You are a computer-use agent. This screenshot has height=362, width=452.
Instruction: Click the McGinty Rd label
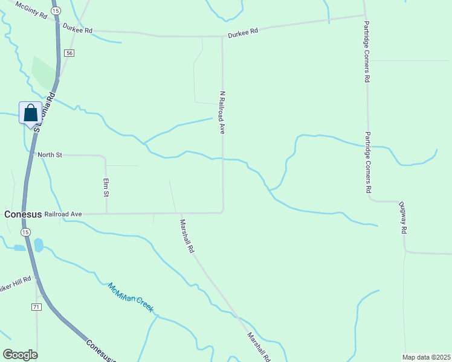point(31,11)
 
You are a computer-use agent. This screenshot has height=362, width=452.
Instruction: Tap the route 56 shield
point(70,54)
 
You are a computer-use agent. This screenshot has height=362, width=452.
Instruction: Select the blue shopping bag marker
point(31,113)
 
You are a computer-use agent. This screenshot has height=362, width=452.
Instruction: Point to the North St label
point(50,155)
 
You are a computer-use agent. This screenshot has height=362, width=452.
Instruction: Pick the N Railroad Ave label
point(222,112)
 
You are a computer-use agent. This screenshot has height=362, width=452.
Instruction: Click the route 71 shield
point(36,307)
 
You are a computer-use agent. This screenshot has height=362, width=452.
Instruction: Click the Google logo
point(20,355)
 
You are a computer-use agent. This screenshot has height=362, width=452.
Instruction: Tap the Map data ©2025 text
point(426,357)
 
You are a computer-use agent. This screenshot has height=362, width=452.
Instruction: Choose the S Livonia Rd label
point(44,112)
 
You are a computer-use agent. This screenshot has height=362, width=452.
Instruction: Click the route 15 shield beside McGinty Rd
point(56,11)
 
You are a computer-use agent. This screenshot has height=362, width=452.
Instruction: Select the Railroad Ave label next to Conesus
point(67,214)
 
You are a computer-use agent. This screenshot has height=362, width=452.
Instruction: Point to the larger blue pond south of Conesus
point(39,244)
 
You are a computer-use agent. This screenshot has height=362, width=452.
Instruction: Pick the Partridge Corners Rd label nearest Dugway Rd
point(367,162)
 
